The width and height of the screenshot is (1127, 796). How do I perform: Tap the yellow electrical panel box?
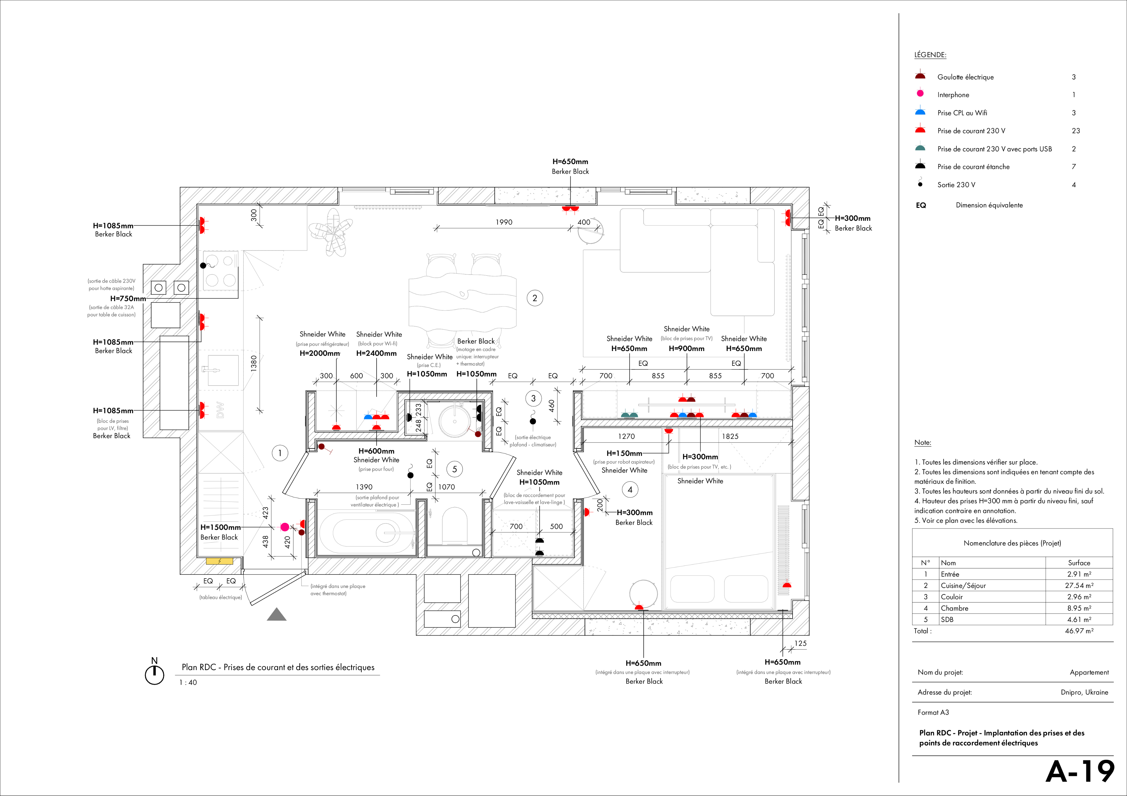point(219,561)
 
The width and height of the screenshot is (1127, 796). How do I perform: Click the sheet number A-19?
point(1080,772)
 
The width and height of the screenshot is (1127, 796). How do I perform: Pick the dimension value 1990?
point(504,222)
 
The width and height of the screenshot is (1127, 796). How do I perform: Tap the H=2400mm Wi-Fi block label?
point(376,353)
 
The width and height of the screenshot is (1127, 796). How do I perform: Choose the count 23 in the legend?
point(1076,131)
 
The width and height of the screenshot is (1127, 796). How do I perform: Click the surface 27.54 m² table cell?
point(1079,586)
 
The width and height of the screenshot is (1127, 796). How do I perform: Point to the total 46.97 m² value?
point(1079,631)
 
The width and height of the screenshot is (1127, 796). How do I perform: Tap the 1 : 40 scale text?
point(188,682)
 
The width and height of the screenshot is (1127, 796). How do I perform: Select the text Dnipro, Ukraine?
point(1084,693)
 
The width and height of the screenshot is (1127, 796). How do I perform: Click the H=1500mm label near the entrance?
point(220,527)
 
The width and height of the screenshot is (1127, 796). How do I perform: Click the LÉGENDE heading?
point(930,55)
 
